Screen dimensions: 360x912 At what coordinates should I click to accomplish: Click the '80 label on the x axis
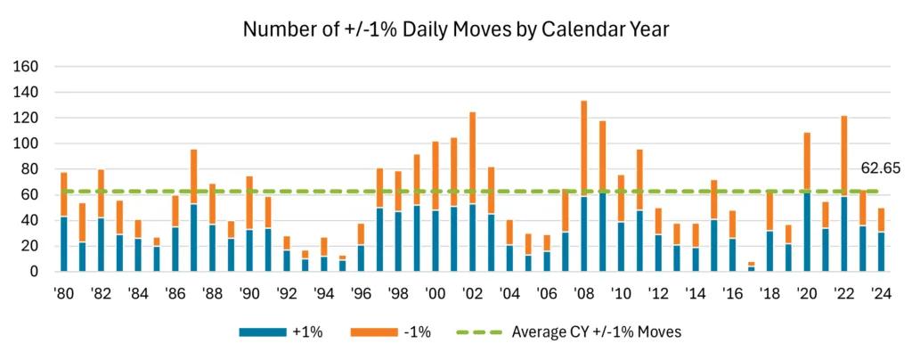[x=64, y=294]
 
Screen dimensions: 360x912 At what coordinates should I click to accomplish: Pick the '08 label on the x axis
[x=584, y=294]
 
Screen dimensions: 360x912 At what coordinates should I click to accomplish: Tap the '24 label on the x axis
[x=881, y=294]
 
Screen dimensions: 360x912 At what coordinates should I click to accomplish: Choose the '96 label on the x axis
[x=361, y=294]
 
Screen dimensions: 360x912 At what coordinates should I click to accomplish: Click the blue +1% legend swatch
[x=264, y=332]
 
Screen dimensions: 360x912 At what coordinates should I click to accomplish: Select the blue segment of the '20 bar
[x=806, y=232]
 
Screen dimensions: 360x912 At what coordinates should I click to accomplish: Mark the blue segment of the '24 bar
[x=881, y=251]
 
